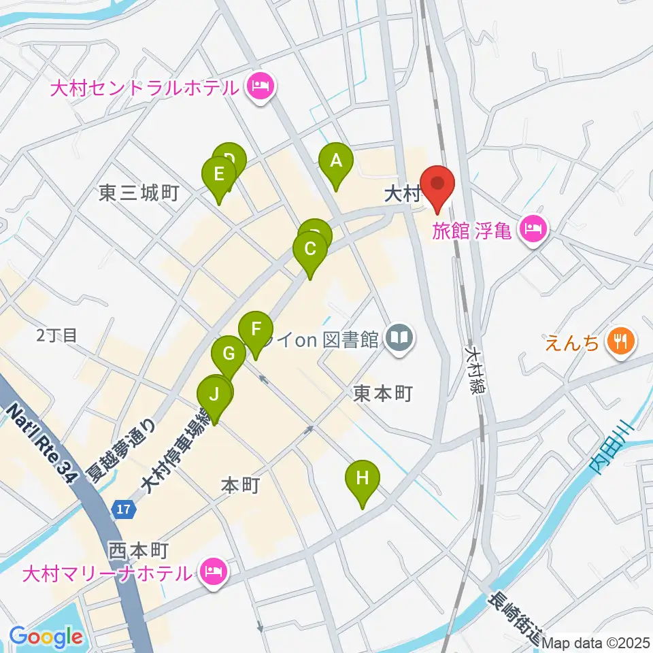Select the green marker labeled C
pyautogui.click(x=309, y=250)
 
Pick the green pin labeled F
pyautogui.click(x=256, y=331)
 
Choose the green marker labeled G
pyautogui.click(x=229, y=354)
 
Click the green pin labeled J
pyautogui.click(x=214, y=395)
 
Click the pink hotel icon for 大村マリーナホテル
pyautogui.click(x=214, y=572)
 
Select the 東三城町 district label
pyautogui.click(x=138, y=194)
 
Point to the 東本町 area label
pyautogui.click(x=382, y=394)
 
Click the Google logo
pyautogui.click(x=46, y=637)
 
